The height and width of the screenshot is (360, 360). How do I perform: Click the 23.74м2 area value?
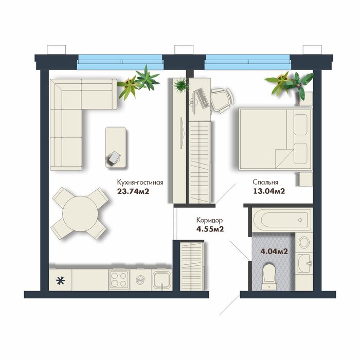point(133,191)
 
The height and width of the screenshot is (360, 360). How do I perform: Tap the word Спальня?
point(265,182)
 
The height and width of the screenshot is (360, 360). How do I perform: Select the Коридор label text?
point(209,221)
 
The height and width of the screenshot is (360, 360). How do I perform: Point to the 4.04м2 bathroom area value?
point(274,251)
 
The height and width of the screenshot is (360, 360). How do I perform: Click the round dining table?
point(80,213)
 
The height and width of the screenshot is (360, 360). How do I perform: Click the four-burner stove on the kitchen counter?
point(119,279)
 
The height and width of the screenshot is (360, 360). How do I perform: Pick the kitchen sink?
point(161,279)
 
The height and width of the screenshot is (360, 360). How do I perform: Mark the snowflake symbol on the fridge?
point(61,281)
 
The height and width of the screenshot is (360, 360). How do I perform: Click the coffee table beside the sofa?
point(116,148)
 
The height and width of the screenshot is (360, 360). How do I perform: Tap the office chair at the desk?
point(222,100)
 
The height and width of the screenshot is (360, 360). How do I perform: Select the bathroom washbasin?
point(304,263)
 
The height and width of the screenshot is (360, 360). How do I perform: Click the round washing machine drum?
point(304,242)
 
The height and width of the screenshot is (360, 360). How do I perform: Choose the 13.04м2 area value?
point(269,191)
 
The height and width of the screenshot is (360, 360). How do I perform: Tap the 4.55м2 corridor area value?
point(210,229)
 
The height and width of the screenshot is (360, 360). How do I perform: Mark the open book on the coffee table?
point(114,157)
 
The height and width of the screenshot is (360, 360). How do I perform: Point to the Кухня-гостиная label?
point(140,183)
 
